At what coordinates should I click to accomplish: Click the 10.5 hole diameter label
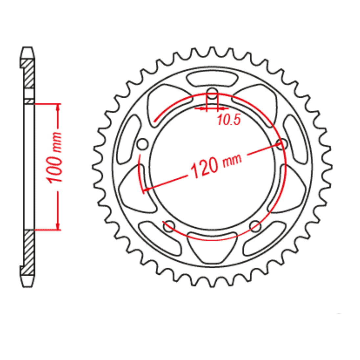coord(229,120)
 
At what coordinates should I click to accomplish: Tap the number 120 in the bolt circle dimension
coord(204,168)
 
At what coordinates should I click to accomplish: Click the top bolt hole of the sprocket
coord(212,94)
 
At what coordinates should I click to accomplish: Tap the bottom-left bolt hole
coord(169,226)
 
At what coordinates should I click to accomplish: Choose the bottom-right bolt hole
coord(255,226)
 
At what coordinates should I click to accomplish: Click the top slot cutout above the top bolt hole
coord(212,79)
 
